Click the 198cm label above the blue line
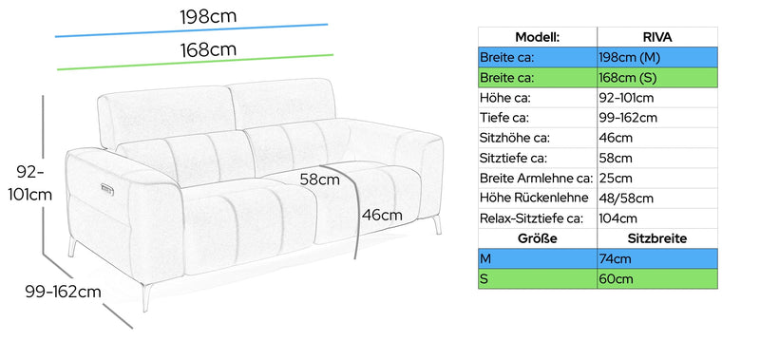tap(208, 16)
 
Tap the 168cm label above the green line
tap(208, 50)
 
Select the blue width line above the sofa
tap(192, 30)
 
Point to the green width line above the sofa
tap(196, 62)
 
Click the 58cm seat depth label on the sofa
tap(319, 180)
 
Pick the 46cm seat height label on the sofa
tap(382, 215)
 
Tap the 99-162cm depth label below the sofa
tap(63, 292)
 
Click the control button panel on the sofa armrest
tap(107, 188)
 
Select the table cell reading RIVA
tap(656, 37)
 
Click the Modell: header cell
tap(537, 37)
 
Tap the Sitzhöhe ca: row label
tap(515, 138)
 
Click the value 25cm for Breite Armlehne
tap(616, 179)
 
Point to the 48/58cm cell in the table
tap(626, 199)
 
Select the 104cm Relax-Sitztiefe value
tap(618, 218)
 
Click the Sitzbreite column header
tap(657, 238)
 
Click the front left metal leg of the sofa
tap(146, 297)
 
